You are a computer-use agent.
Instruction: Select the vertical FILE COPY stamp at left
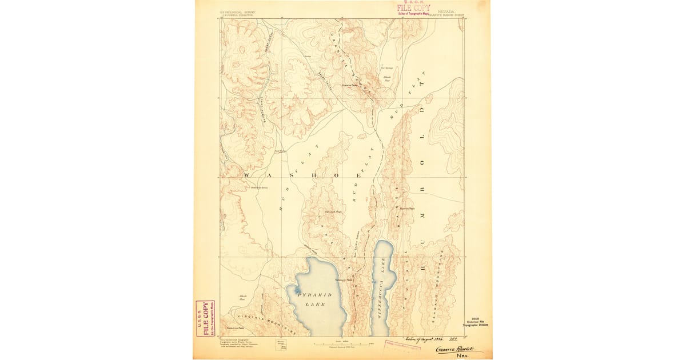205,318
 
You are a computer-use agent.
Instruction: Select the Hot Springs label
386,68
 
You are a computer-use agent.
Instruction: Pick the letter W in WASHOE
247,174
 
